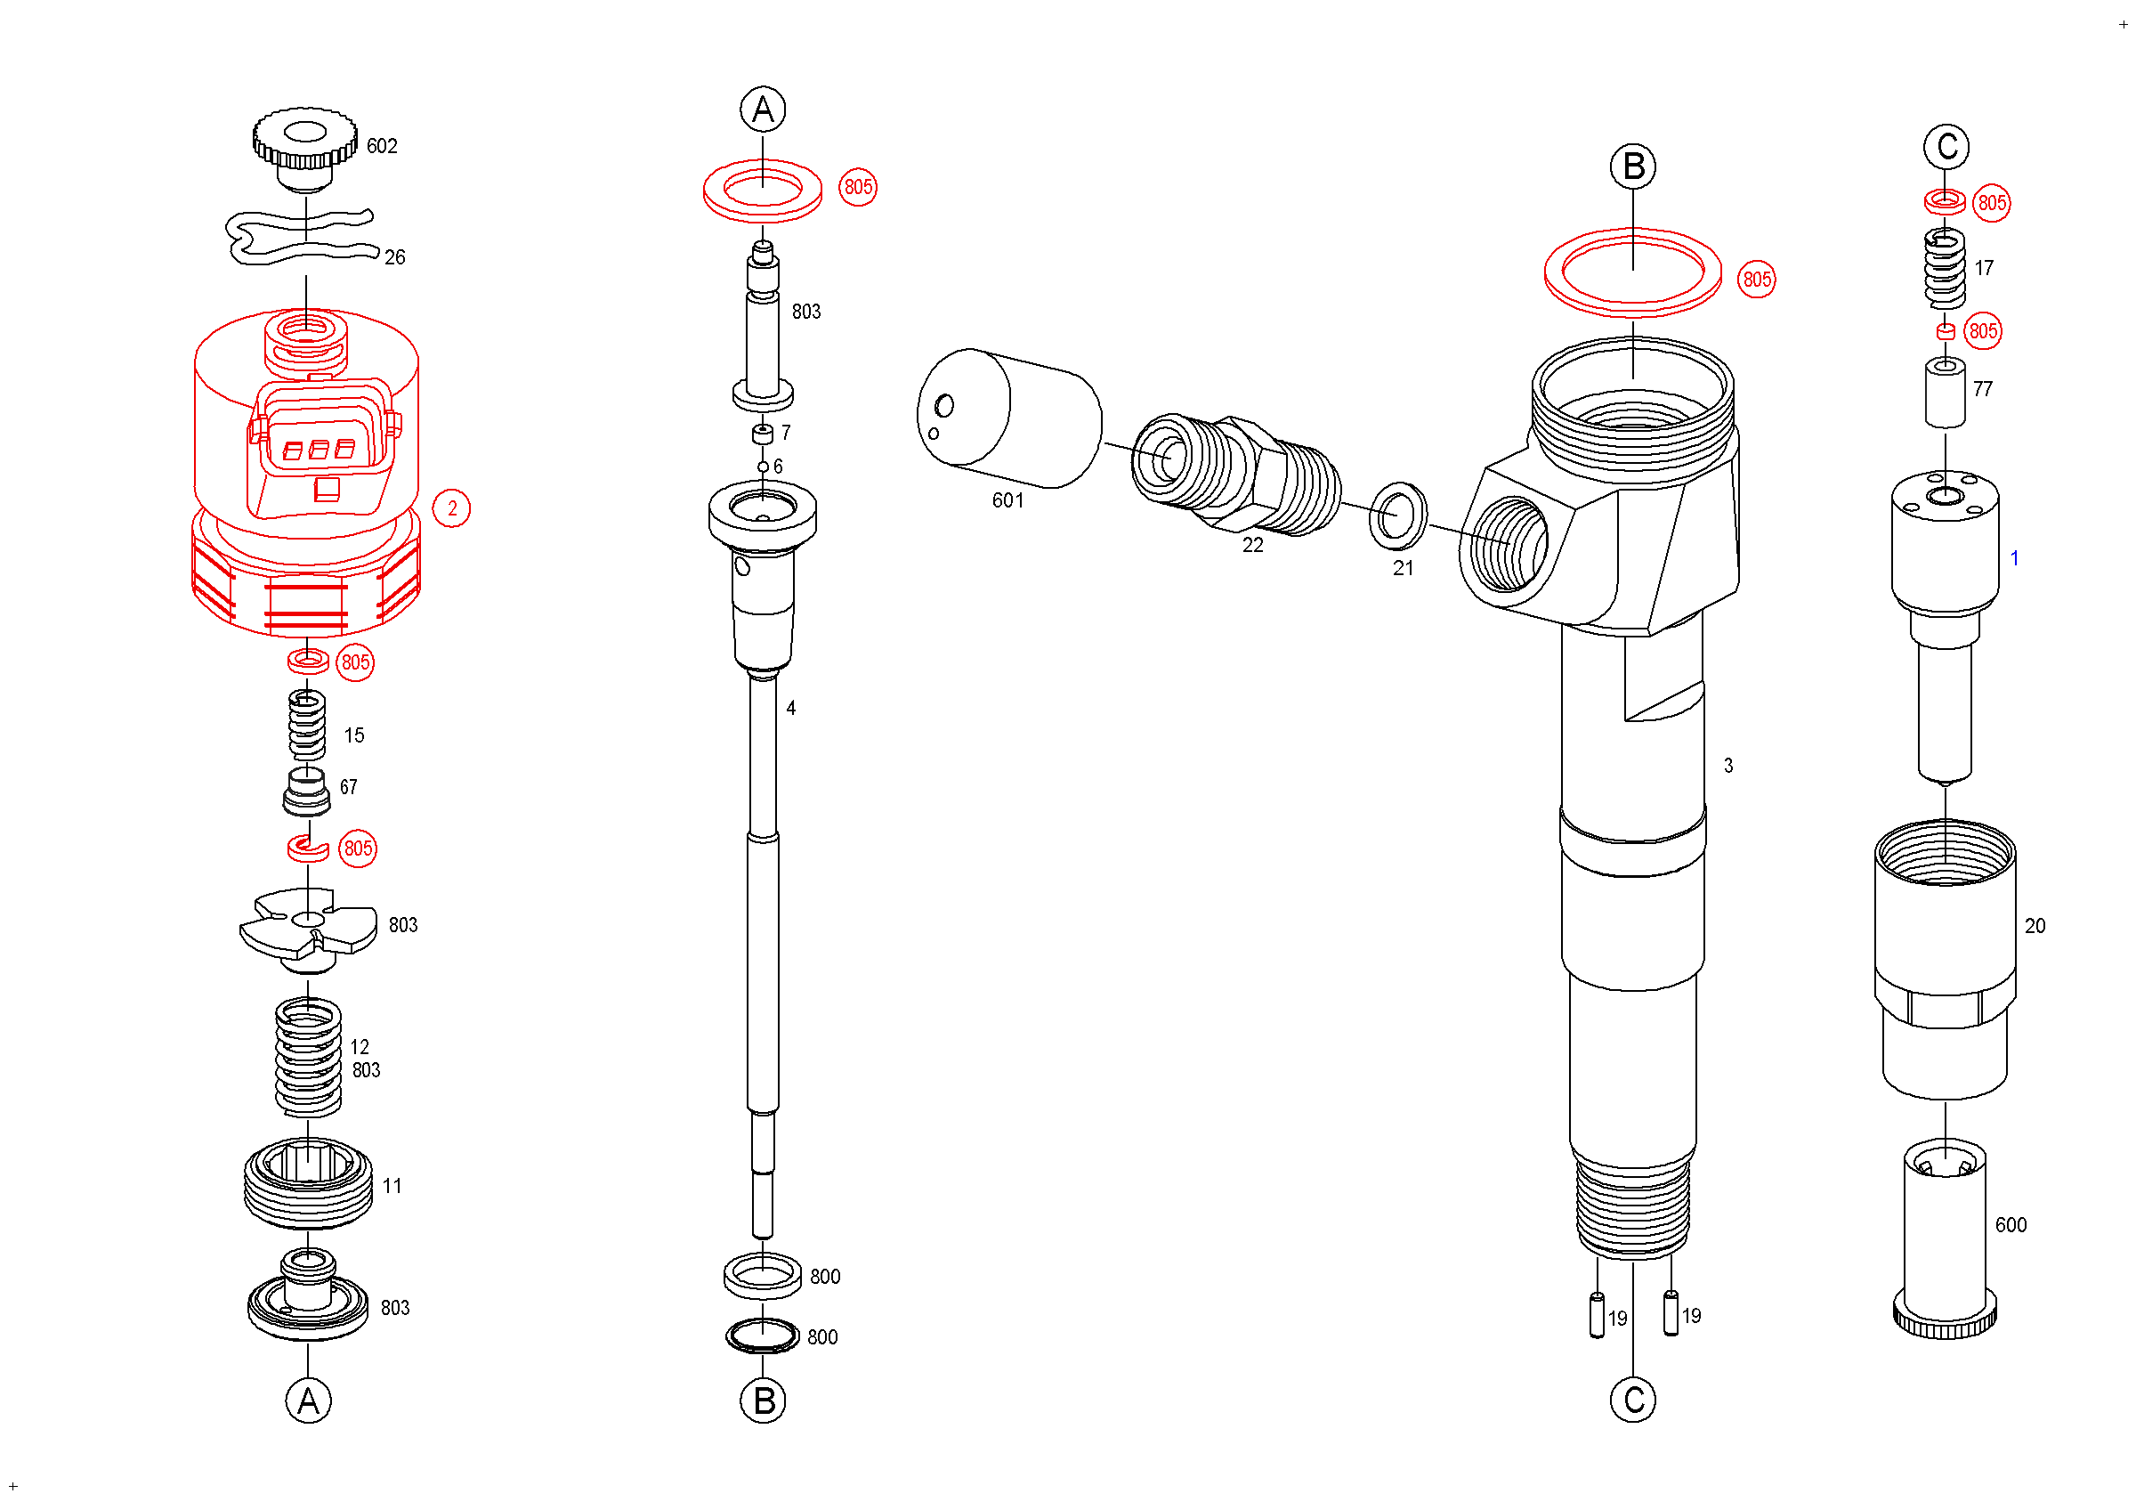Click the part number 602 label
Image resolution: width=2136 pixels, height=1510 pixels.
point(382,146)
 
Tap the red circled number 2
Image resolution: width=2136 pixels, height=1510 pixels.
point(452,509)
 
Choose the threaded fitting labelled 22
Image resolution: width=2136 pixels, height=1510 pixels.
point(1237,476)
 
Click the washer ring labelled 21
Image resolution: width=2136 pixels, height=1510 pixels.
point(1398,516)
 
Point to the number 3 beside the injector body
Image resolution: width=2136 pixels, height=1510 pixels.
point(1728,766)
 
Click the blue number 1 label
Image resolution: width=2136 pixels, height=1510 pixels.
point(2014,558)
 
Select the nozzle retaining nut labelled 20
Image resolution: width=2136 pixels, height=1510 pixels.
point(1946,958)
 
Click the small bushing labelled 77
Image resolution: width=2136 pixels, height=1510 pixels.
point(1946,393)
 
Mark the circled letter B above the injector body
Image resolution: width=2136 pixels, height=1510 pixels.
point(1634,167)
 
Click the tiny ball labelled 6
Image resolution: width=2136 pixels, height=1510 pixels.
point(763,467)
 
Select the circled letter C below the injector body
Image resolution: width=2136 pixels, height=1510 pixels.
point(1634,1400)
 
